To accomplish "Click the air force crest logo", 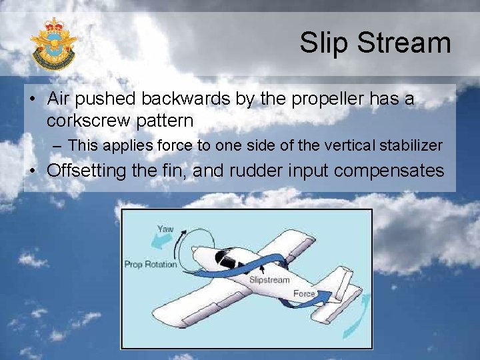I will pos(53,44).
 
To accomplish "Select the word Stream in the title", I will pos(405,43).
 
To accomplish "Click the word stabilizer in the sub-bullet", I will pos(408,145).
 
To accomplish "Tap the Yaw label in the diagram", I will pos(165,229).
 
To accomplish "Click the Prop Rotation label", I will pos(151,264).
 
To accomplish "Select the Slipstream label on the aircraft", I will pos(269,280).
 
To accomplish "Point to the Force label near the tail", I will pos(303,293).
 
